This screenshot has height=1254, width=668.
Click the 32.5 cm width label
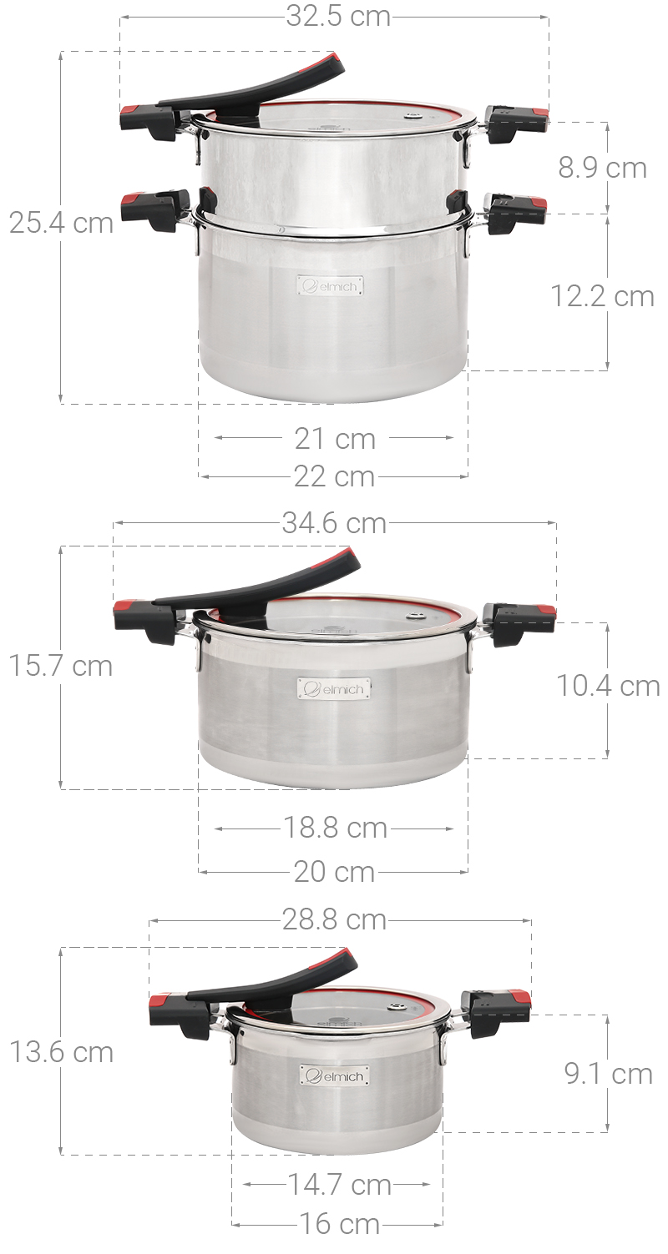[338, 17]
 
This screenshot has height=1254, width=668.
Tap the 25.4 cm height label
[61, 224]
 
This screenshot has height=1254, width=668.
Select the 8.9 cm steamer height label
[602, 168]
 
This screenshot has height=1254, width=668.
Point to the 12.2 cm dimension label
[602, 296]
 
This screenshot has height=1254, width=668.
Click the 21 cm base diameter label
[335, 438]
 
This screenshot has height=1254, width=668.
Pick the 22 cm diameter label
[335, 476]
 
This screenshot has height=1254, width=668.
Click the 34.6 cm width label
[334, 523]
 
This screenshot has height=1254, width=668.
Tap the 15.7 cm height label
[61, 666]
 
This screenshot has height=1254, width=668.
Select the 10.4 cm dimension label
[608, 686]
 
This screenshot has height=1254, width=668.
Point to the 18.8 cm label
[335, 828]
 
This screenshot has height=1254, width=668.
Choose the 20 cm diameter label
[335, 872]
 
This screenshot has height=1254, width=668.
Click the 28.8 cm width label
[334, 919]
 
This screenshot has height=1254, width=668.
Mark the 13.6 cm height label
[61, 1052]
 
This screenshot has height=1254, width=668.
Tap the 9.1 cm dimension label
[608, 1074]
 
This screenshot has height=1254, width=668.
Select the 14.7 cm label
[339, 1184]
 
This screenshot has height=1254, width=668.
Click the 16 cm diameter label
[339, 1224]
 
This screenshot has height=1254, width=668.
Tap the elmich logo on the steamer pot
[331, 286]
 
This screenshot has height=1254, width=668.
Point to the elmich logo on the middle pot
[334, 689]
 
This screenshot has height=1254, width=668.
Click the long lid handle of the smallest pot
[276, 981]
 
